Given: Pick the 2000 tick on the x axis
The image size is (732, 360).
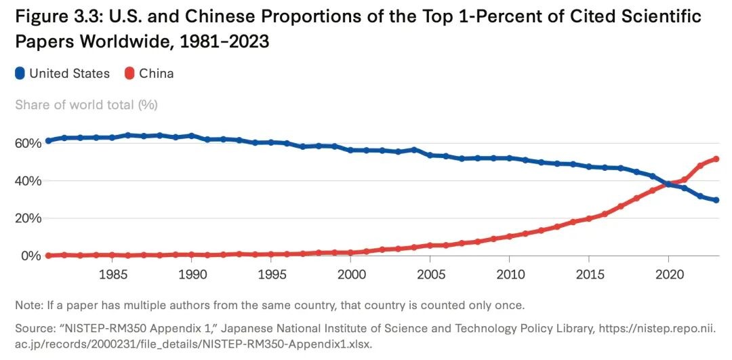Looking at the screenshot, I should [x=350, y=276].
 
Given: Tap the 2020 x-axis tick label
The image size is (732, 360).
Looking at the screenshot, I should [x=668, y=276].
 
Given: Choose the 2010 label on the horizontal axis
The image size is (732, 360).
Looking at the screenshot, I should [x=509, y=276].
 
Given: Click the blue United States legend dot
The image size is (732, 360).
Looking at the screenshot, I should [x=20, y=73].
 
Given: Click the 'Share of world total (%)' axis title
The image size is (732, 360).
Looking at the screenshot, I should [x=86, y=104].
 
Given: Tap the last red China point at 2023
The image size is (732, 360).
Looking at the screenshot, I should [x=716, y=159].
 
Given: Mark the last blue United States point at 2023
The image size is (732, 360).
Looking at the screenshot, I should [x=716, y=200].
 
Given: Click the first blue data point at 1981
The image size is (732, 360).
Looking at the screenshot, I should [x=48, y=141].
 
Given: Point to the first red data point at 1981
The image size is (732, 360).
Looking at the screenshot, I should [x=48, y=256].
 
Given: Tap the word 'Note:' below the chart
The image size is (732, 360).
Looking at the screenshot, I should [x=30, y=304].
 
